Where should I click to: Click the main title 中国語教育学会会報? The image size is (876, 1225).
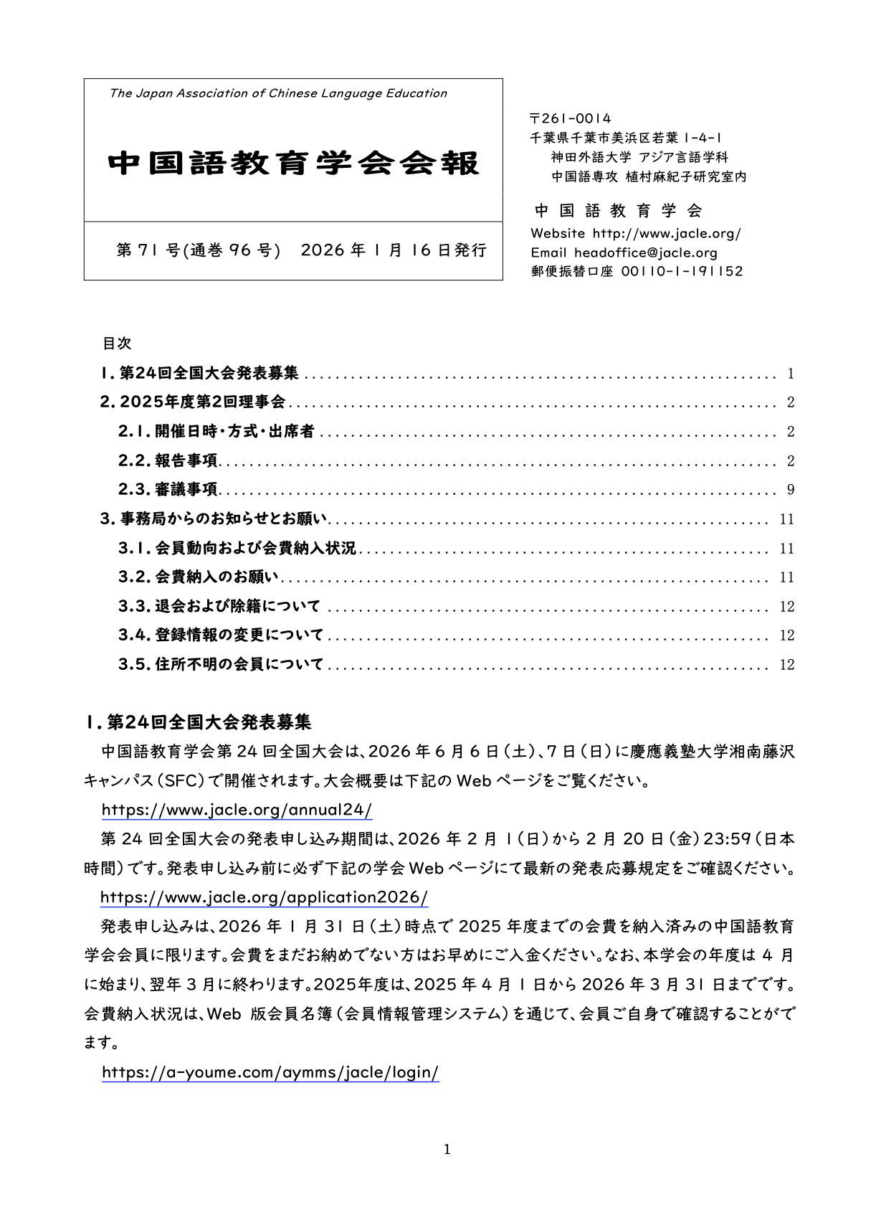[x=293, y=164]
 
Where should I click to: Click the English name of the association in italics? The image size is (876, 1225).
[x=278, y=93]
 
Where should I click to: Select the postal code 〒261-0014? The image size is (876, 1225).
[x=570, y=118]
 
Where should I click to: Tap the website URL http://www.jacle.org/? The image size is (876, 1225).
[x=667, y=233]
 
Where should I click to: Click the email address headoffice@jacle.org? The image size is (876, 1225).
[x=645, y=252]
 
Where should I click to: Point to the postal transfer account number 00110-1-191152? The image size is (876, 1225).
[x=682, y=271]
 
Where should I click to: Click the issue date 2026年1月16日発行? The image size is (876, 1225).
[x=394, y=250]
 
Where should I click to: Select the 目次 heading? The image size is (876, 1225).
[x=117, y=344]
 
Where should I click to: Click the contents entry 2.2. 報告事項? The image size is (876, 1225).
[x=168, y=460]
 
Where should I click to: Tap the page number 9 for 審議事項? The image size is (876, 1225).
[x=791, y=490]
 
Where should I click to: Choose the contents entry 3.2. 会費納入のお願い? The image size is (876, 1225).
[x=198, y=577]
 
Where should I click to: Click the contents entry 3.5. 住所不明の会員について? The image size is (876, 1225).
[x=221, y=665]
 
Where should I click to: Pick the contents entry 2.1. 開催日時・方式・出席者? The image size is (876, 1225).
[x=216, y=431]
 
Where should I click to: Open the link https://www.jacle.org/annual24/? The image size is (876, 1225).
[x=237, y=810]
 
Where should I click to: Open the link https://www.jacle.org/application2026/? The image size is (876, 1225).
[x=264, y=897]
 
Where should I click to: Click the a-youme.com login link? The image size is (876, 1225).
[x=270, y=1073]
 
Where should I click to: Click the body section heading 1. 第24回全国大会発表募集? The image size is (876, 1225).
[x=198, y=722]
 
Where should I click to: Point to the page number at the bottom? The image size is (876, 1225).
[x=447, y=1150]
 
